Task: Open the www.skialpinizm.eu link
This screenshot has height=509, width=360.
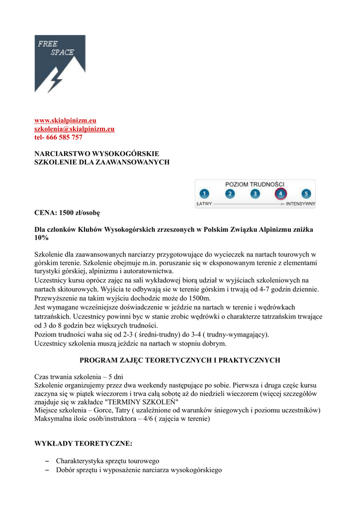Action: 65,121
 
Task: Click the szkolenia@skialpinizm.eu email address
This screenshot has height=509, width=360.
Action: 74,129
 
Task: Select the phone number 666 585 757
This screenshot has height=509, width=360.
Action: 64,137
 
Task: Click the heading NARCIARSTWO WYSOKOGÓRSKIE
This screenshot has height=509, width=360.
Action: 96,154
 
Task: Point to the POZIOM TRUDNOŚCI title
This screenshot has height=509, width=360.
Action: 255,184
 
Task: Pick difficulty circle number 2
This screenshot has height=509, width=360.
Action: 230,194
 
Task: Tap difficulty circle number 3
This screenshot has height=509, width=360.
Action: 255,194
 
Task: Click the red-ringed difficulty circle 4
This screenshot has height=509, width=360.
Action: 280,194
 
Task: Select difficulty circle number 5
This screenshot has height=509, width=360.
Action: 306,194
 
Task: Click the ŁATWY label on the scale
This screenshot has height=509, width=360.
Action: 204,204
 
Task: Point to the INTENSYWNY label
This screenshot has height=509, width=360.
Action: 301,204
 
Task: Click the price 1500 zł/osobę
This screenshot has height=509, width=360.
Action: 80,213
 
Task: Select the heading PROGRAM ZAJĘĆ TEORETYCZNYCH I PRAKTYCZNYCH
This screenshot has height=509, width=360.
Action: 180,360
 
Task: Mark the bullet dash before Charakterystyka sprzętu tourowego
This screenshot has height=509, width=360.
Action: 47,461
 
